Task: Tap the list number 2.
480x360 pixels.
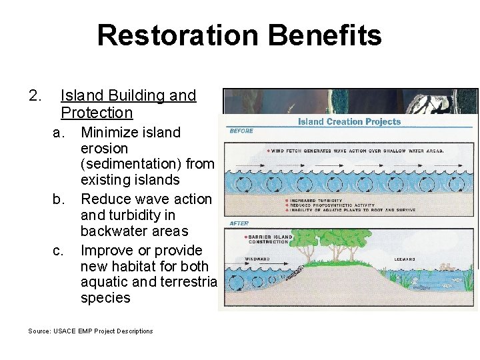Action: pos(35,96)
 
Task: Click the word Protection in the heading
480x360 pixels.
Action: pos(97,113)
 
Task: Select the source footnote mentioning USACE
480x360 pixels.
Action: pos(91,331)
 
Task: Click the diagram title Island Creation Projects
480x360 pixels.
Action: pos(349,121)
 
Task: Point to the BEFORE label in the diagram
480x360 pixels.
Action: pos(241,131)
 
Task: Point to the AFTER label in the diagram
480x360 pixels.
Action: pos(239,223)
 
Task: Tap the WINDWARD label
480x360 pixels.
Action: pos(258,259)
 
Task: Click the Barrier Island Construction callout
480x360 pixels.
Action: pos(271,239)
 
